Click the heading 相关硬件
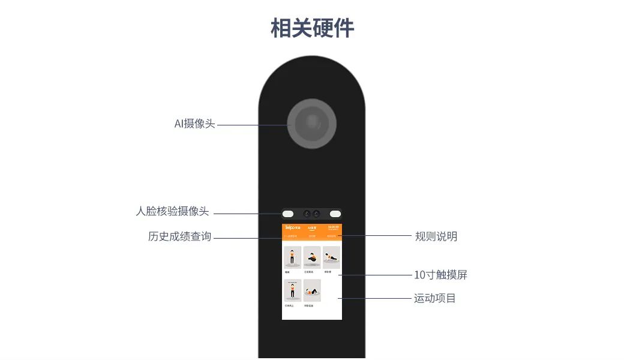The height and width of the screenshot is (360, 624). point(312,28)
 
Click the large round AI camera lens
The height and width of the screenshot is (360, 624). point(311,123)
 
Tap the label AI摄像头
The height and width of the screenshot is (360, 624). point(194,124)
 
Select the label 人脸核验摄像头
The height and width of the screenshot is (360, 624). point(172,212)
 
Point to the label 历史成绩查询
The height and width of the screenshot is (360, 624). point(179,236)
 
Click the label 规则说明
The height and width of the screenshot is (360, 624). point(436,236)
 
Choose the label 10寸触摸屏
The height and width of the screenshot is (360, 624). point(440,275)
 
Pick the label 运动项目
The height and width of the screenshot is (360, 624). point(435,298)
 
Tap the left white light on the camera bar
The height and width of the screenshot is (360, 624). point(288,214)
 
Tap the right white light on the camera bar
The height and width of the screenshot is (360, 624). point(335,214)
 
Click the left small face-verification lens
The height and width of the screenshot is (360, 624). point(307,214)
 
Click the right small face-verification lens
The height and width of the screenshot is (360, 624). point(316,214)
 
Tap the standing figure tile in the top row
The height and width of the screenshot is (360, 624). point(293,257)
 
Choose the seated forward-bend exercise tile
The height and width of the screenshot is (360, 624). point(312,257)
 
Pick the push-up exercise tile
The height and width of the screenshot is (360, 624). point(331,257)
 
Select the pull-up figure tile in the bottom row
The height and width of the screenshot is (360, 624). point(293,290)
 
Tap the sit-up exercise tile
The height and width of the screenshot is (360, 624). point(312,290)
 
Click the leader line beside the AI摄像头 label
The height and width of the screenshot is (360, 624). point(252,125)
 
